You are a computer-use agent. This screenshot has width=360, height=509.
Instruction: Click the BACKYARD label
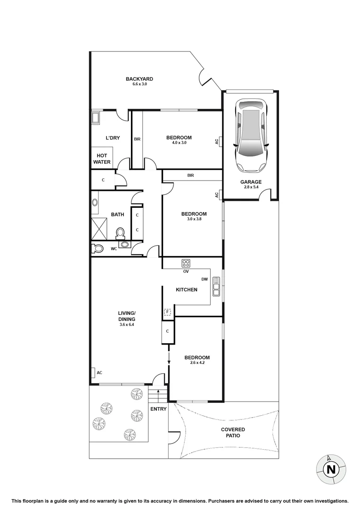click(139, 79)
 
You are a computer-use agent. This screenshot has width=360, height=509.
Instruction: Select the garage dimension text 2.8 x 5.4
click(251, 187)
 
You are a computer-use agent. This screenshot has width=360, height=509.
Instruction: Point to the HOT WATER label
click(102, 159)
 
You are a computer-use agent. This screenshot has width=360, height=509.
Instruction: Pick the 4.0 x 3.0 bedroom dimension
click(179, 142)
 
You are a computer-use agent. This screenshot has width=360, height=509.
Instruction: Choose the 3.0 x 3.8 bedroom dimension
click(194, 219)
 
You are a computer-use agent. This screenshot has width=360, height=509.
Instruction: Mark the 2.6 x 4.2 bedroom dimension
click(196, 363)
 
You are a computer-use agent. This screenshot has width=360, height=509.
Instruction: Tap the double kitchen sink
click(216, 286)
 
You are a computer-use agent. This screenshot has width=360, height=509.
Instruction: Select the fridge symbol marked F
click(167, 312)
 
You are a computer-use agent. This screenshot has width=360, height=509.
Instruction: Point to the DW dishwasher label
click(205, 279)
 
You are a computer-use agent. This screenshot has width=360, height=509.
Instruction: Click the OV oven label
click(186, 271)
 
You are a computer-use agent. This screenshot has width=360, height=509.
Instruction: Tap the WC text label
click(114, 248)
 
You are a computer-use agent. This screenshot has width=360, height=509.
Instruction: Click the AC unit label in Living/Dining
click(99, 373)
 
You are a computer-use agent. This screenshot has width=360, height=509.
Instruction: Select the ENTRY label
click(158, 409)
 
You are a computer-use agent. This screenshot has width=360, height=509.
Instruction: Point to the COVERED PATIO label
click(233, 433)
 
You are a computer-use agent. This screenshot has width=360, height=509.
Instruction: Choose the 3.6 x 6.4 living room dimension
click(127, 324)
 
